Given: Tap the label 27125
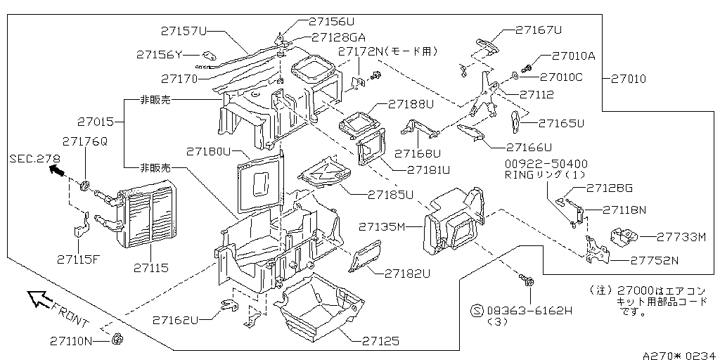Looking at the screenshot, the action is tap(380, 341).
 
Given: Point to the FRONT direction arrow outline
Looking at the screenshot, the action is tap(40, 299).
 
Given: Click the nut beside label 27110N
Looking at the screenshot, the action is tap(117, 340).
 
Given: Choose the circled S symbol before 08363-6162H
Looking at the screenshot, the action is tap(477, 311).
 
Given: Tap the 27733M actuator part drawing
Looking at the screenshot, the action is tap(624, 236).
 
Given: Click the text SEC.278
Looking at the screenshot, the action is tap(35, 158).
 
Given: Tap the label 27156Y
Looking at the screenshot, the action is tap(160, 55).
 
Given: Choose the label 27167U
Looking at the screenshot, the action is tap(539, 30).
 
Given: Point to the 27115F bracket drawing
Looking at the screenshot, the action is tap(81, 226).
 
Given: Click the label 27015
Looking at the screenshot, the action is tap(95, 122).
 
